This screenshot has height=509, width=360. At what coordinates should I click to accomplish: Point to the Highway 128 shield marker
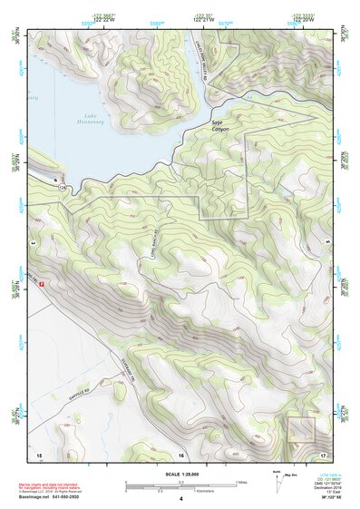click(x=63, y=187)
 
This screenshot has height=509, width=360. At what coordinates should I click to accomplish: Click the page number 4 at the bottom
click(x=180, y=499)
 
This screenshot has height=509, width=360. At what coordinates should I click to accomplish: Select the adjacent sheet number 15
click(x=39, y=453)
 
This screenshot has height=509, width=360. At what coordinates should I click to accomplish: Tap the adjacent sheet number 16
click(x=180, y=453)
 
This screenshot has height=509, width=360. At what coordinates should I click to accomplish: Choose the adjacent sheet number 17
click(x=323, y=453)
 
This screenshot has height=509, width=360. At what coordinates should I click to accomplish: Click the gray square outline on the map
click(x=299, y=429)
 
